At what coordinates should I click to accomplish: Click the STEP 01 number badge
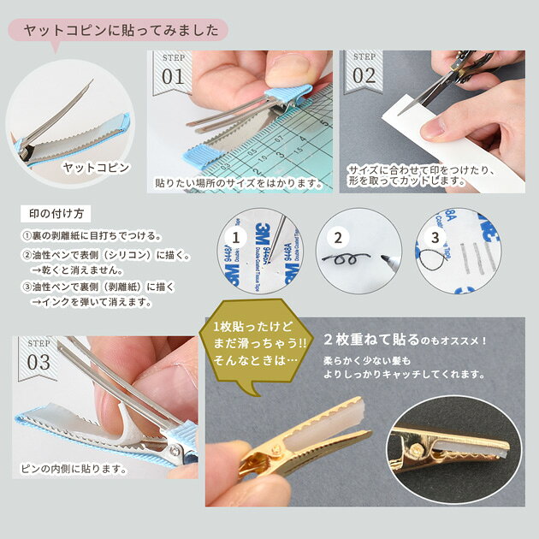173,73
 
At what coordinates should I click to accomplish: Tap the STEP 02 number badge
364,72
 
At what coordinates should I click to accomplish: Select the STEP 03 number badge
38,358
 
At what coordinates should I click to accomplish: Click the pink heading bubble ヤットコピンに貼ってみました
118,30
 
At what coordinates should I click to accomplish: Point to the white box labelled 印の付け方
56,214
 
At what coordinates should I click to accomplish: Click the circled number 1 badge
236,238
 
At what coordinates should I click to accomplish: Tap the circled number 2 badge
338,238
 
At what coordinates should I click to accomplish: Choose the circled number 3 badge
435,238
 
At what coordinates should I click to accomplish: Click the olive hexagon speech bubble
256,344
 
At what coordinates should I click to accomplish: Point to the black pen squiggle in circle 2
346,259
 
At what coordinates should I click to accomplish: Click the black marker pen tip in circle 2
384,258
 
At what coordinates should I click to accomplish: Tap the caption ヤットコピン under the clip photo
96,168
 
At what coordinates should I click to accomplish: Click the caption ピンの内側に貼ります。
74,468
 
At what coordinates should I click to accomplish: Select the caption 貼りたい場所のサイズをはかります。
240,183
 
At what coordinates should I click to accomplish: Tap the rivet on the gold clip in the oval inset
417,448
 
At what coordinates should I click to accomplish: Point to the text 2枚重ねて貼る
371,340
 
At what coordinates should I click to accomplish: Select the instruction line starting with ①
92,236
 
